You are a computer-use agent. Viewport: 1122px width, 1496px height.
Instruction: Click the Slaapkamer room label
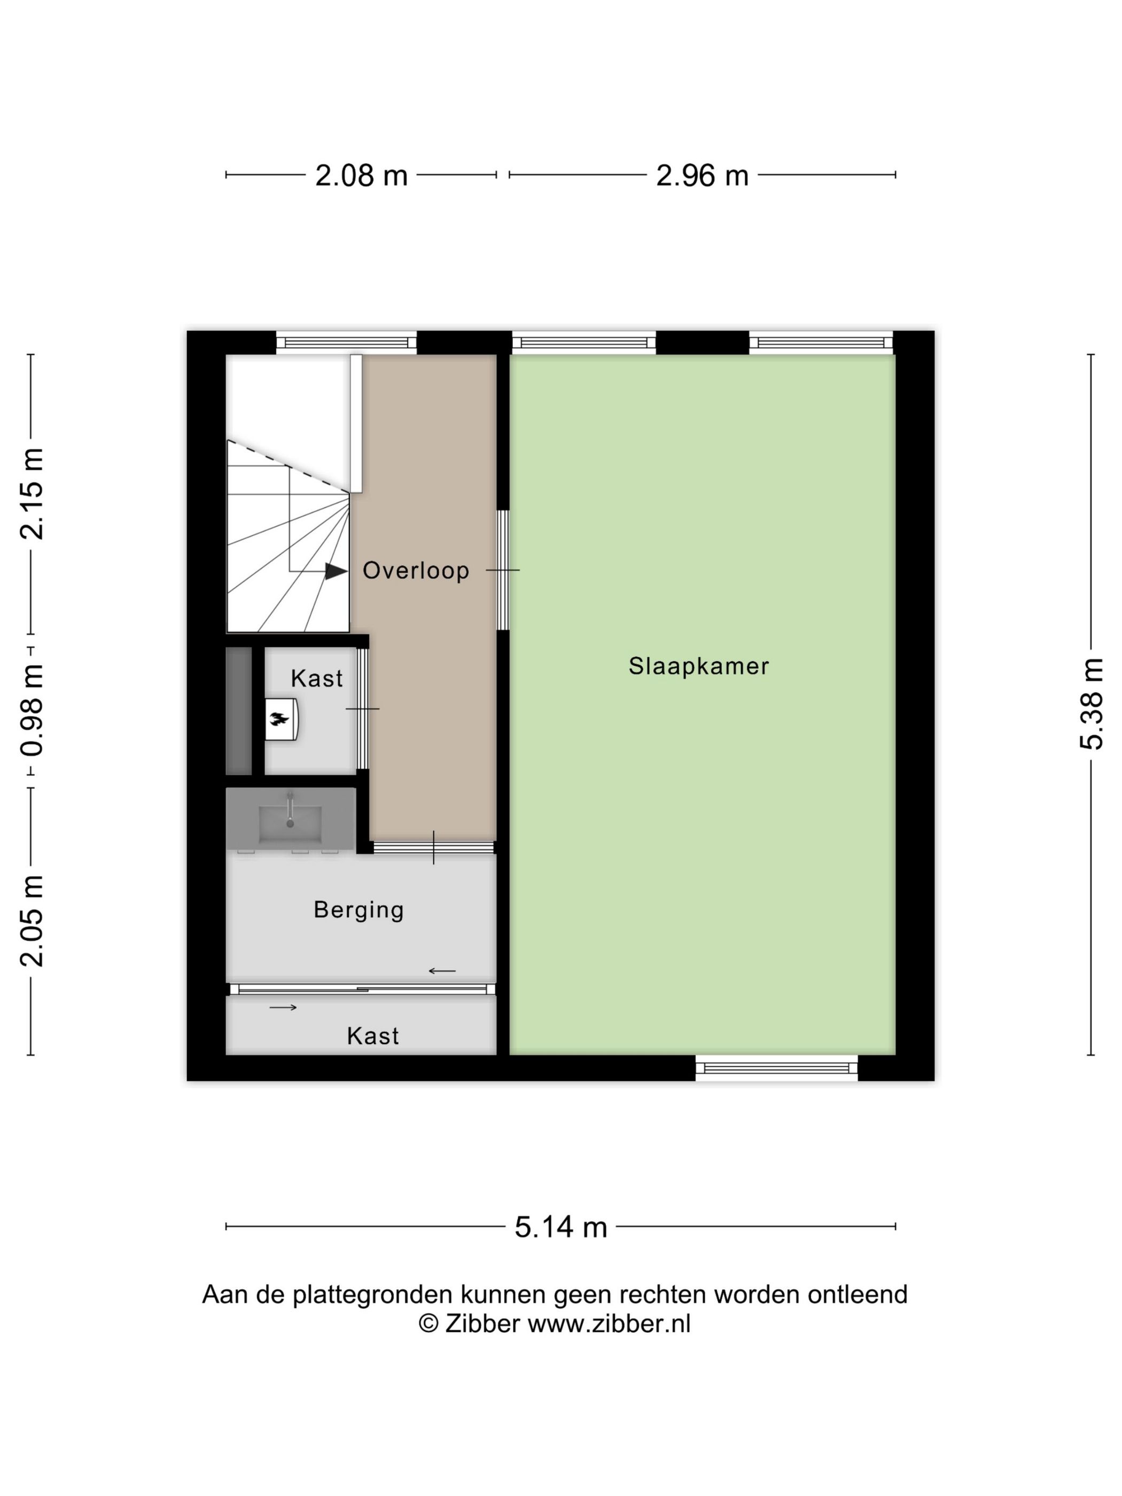point(699,666)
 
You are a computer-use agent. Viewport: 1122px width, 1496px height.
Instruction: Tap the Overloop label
point(415,570)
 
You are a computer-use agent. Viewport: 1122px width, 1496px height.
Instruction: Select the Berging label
point(359,910)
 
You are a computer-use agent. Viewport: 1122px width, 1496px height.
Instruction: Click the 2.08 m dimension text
point(361,176)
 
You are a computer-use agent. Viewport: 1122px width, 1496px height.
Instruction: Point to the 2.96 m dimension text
point(702,176)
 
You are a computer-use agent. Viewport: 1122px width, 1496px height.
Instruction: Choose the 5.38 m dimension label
point(1091,703)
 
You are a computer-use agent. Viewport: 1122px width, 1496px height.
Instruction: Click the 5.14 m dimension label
point(560,1227)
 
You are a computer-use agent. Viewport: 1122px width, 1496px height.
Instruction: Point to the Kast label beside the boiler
point(316,679)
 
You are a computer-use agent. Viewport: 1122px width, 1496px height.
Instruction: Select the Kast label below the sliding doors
point(372,1036)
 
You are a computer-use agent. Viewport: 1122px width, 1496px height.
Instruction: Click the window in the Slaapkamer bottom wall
point(776,1068)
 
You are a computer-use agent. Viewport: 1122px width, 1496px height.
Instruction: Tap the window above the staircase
point(346,342)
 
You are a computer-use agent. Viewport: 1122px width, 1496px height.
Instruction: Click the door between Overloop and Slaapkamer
point(503,570)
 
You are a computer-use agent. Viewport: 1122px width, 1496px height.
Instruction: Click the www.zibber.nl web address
point(609,1323)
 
